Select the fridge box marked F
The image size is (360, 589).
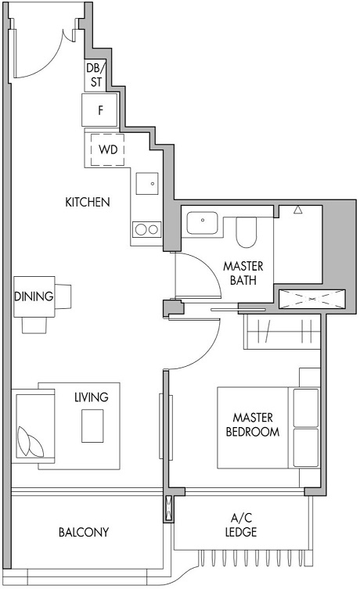click(100, 110)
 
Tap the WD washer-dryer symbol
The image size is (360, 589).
click(108, 149)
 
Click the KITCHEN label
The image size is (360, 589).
click(87, 202)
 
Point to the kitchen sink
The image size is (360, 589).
click(146, 184)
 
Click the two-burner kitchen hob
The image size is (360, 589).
click(146, 229)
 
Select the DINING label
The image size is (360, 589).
click(34, 296)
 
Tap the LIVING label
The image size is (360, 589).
click(91, 397)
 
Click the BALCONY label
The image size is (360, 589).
click(83, 533)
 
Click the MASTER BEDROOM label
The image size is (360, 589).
click(252, 424)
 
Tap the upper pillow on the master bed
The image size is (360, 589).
click(306, 407)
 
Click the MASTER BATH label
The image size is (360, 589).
click(243, 274)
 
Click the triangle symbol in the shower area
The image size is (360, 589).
click(297, 210)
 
